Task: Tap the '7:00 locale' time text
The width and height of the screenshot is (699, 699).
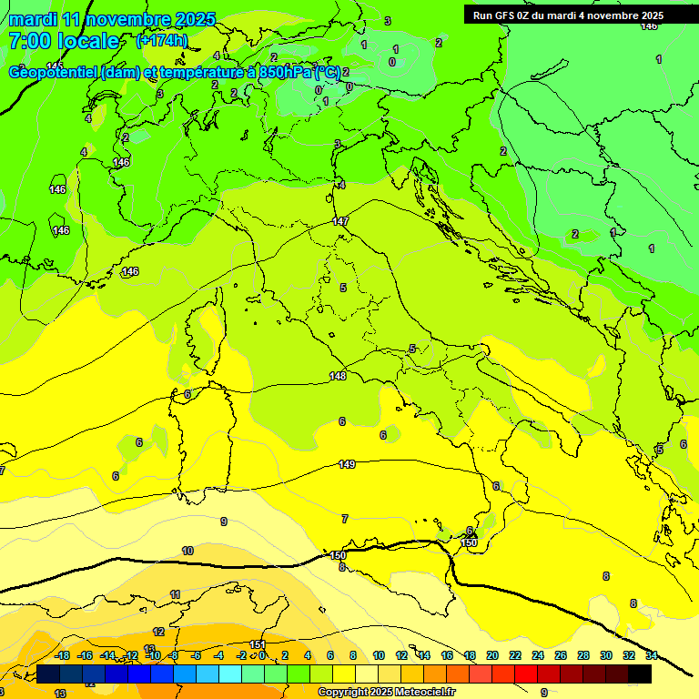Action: point(64,41)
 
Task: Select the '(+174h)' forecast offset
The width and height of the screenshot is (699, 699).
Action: point(162,41)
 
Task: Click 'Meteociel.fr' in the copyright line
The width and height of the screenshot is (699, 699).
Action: point(423,692)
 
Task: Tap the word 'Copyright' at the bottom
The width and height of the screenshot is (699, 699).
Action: point(343,692)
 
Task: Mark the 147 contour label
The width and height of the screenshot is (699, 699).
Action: point(340,221)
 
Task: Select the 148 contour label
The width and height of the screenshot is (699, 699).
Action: point(338,376)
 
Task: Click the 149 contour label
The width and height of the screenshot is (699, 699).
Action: point(347,464)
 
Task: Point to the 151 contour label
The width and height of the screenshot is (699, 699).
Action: point(258,644)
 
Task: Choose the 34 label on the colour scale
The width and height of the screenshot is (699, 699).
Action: point(652,655)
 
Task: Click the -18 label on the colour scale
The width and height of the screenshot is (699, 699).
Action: point(63,655)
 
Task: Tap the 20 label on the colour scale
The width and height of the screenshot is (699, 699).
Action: point(491,655)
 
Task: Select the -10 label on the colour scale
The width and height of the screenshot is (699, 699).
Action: point(153,655)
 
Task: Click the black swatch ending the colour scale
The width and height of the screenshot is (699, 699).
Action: point(640,674)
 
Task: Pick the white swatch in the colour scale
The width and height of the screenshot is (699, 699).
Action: point(366,674)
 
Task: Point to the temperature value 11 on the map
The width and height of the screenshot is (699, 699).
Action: point(175,594)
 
